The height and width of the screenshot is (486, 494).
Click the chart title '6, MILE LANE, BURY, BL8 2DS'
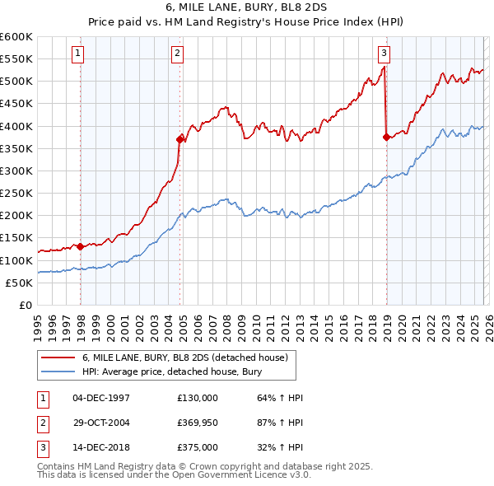tap(247, 7)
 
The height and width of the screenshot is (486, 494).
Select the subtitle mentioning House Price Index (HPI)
tap(247, 21)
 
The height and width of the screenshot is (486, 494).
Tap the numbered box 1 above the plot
tap(78, 54)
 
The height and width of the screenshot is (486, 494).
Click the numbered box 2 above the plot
tap(177, 54)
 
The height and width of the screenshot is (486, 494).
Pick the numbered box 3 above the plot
tap(384, 54)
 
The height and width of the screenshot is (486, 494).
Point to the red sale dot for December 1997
tap(80, 246)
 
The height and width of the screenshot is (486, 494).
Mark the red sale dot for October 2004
tap(180, 139)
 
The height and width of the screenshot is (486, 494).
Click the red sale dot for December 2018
tap(386, 138)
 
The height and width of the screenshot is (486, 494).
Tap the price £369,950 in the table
tap(198, 423)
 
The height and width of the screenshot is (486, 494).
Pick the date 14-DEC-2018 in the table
tap(101, 447)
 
